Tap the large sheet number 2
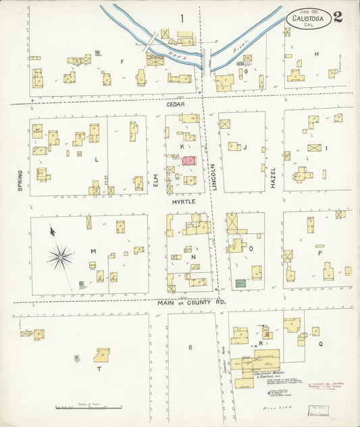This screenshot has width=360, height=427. [x=337, y=17]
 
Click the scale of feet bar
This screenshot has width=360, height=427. [x=79, y=407]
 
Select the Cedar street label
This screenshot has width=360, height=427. [x=176, y=104]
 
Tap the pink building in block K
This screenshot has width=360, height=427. [x=188, y=161]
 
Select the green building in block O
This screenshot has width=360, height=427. [x=240, y=282]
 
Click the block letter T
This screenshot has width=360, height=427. [x=99, y=369]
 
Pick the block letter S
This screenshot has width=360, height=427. [x=190, y=347]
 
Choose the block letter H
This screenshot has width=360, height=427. [x=315, y=53]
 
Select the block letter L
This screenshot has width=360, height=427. [x=96, y=159]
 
